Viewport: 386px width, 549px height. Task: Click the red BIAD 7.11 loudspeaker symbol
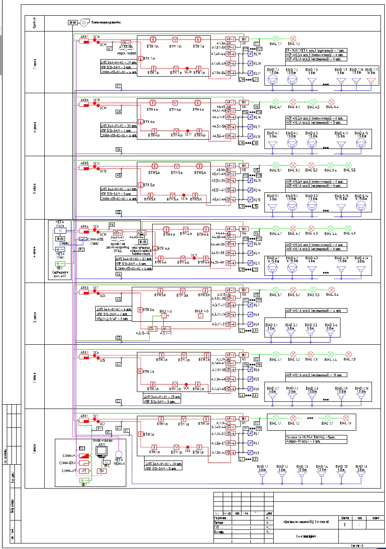pos(371,80)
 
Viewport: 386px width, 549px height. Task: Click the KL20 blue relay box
pos(250,63)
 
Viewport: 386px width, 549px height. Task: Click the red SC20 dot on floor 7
pos(187,68)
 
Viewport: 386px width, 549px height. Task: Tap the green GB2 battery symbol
pos(60,264)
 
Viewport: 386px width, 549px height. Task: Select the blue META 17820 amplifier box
pos(60,231)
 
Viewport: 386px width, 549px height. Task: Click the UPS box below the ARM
pos(107,462)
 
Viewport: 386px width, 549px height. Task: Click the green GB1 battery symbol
pos(84,481)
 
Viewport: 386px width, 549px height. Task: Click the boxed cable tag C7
pos(119,86)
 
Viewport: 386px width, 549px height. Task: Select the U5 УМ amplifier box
pos(244,165)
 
